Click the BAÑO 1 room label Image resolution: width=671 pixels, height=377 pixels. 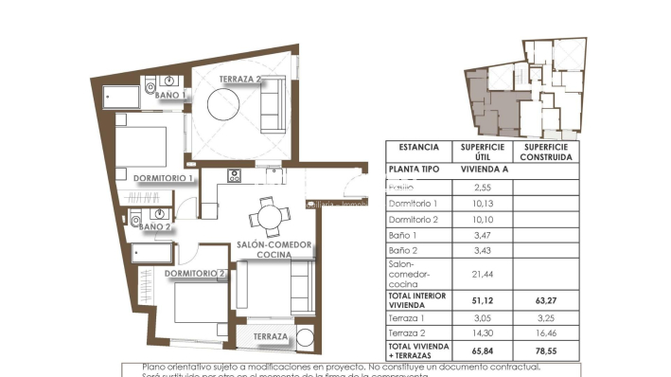click(171, 96)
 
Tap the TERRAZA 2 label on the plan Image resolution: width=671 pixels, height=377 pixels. click(240, 81)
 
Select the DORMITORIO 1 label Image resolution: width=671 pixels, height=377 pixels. click(164, 177)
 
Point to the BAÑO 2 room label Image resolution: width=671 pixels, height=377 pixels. click(155, 227)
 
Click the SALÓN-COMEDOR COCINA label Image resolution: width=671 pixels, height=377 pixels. click(275, 249)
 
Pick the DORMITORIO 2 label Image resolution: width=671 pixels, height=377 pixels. click(195, 274)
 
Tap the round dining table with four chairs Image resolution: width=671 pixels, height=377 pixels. click(269, 218)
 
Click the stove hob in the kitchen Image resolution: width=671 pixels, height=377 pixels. click(234, 176)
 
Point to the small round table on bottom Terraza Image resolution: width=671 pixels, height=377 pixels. click(305, 338)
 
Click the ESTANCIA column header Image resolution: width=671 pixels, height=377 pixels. click(418, 148)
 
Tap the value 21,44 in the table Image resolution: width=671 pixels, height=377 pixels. click(483, 274)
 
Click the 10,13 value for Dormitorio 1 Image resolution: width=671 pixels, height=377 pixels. click(483, 204)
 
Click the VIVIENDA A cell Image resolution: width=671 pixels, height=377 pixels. click(483, 169)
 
